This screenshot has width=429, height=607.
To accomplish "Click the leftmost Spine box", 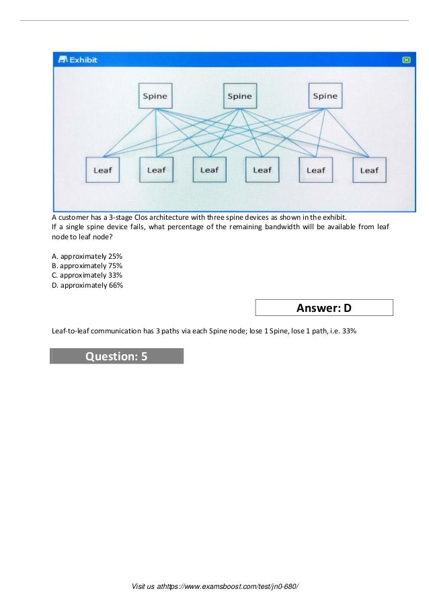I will tap(155, 95).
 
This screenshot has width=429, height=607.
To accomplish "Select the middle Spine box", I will tap(239, 95).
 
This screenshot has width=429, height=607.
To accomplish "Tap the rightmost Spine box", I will tap(325, 95).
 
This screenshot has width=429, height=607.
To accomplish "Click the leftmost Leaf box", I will tap(102, 170).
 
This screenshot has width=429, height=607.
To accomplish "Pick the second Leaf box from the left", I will tap(156, 170).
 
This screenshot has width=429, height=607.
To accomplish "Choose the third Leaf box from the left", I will tap(209, 169).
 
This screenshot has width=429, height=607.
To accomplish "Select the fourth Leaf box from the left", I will tap(262, 169).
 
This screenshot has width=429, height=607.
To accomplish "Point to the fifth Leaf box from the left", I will tap(316, 170).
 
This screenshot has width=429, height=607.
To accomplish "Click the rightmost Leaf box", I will tap(369, 170).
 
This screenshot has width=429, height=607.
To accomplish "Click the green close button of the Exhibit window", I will tap(406, 60).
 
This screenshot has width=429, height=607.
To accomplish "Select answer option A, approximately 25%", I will tap(87, 257).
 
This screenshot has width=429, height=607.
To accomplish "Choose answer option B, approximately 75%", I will tap(87, 266).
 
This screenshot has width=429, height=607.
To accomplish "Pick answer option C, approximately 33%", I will tap(87, 276).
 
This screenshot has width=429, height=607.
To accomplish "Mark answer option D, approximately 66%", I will tap(87, 285).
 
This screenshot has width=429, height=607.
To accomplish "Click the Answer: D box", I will tap(324, 309).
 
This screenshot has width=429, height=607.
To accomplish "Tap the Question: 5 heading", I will tap(116, 356).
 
